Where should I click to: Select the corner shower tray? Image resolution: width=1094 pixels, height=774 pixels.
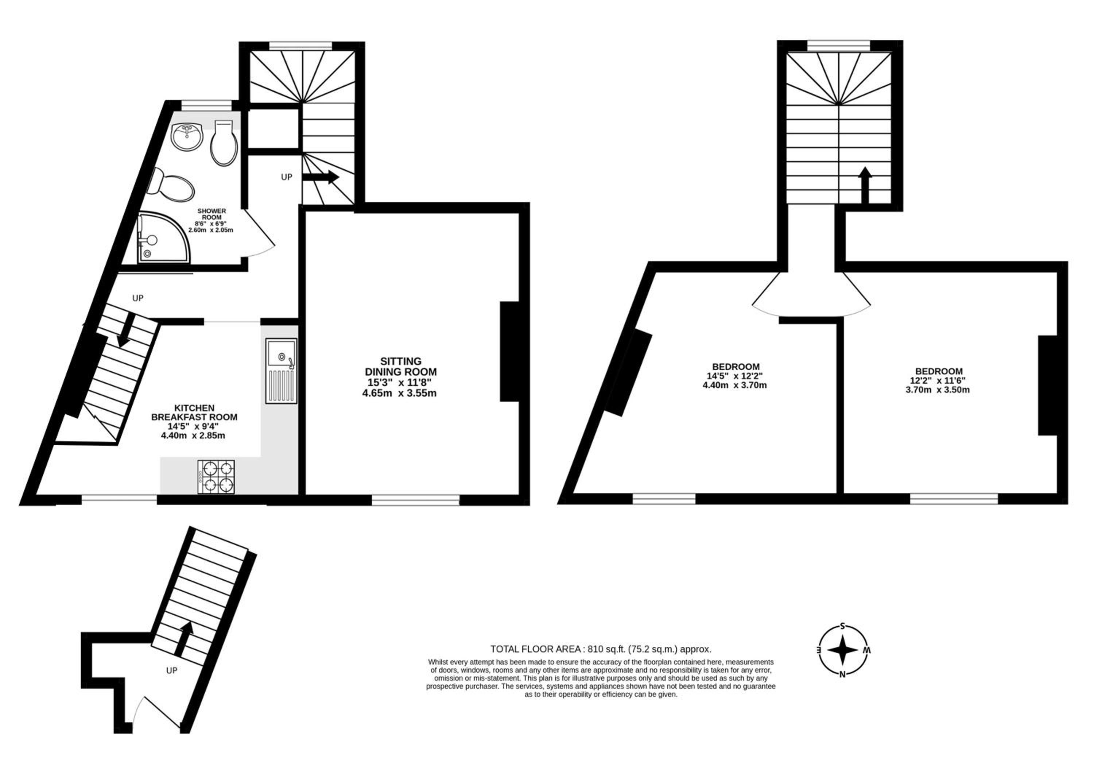[164, 237]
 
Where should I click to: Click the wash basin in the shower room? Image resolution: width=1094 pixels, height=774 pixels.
[187, 136]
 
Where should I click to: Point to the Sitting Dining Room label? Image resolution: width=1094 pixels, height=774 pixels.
[400, 377]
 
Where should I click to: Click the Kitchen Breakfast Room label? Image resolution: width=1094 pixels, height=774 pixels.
[194, 421]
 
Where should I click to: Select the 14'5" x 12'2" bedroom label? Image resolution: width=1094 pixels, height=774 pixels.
[735, 376]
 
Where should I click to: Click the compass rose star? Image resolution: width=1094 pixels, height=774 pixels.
[842, 650]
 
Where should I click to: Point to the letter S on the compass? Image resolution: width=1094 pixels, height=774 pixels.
[842, 626]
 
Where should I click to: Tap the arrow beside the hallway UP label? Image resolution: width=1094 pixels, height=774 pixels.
[321, 177]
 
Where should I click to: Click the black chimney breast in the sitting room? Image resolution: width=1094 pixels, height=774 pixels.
[509, 351]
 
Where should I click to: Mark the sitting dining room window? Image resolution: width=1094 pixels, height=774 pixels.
[415, 499]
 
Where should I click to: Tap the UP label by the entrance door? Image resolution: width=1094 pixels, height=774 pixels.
[171, 670]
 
